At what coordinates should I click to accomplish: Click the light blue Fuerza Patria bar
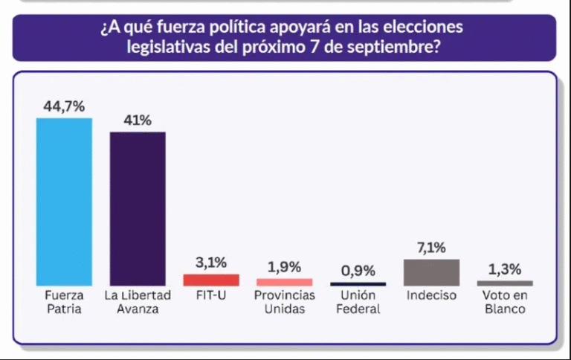point(64,202)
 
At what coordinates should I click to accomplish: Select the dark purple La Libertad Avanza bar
point(138,209)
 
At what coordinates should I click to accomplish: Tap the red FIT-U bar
point(211,280)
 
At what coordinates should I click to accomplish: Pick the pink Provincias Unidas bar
point(285,283)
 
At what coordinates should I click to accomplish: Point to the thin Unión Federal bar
point(358,284)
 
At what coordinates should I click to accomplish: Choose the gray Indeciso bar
point(431,272)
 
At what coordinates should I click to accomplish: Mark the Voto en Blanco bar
point(505,283)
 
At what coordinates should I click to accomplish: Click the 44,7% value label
point(64,106)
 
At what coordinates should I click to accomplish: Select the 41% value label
point(138,120)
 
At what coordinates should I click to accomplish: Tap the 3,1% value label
point(211,263)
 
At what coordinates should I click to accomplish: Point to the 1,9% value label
point(285,267)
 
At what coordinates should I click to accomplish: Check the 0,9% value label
point(358,271)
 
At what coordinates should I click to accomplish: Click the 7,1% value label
point(431,248)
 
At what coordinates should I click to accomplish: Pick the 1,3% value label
point(505,269)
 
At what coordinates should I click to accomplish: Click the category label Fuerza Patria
point(64,302)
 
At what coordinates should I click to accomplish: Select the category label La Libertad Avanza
point(138,302)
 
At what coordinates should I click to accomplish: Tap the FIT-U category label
point(211,295)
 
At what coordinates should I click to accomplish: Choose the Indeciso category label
point(431,295)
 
